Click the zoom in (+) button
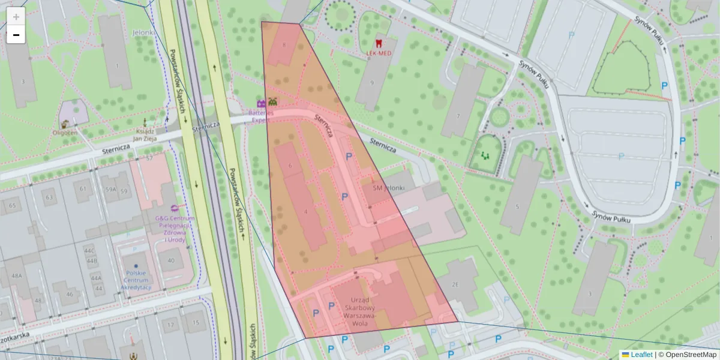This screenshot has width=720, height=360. (x=16, y=17)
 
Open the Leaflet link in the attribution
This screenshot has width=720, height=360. (x=641, y=355)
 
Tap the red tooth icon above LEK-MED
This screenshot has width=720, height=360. (x=379, y=43)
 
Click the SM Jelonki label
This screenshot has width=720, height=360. (x=389, y=188)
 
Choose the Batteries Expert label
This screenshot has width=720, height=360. (x=262, y=116)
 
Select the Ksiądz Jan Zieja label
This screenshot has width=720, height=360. (x=145, y=135)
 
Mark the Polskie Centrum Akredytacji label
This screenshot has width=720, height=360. (x=136, y=280)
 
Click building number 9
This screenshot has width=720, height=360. (x=372, y=83)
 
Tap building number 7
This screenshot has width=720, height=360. (x=458, y=116)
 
